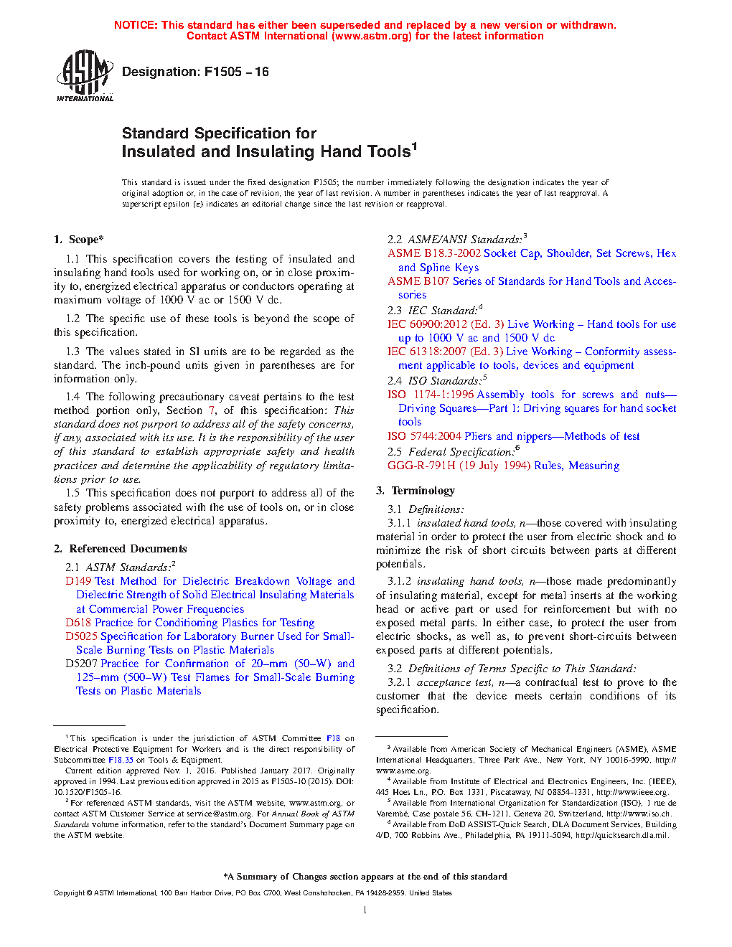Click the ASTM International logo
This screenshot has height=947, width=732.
pyautogui.click(x=84, y=75)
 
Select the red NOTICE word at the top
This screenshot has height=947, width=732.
pyautogui.click(x=135, y=25)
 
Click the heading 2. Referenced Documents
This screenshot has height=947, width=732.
pyautogui.click(x=121, y=549)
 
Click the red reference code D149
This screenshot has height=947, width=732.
pyautogui.click(x=78, y=581)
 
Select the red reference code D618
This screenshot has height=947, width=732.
pyautogui.click(x=78, y=623)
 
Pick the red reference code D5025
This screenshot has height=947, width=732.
pyautogui.click(x=81, y=636)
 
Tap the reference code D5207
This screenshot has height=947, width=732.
pyautogui.click(x=81, y=664)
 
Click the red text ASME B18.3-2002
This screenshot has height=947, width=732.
pyautogui.click(x=434, y=253)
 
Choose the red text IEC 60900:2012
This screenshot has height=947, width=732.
pyautogui.click(x=427, y=324)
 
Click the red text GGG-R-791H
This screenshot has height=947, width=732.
pyautogui.click(x=421, y=466)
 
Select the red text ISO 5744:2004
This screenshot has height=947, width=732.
pyautogui.click(x=424, y=436)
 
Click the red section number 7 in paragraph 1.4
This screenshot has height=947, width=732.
pyautogui.click(x=212, y=410)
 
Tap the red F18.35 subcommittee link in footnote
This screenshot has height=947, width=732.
pyautogui.click(x=121, y=760)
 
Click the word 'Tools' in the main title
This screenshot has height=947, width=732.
pyautogui.click(x=388, y=152)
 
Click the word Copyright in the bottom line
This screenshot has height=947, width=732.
pyautogui.click(x=69, y=893)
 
